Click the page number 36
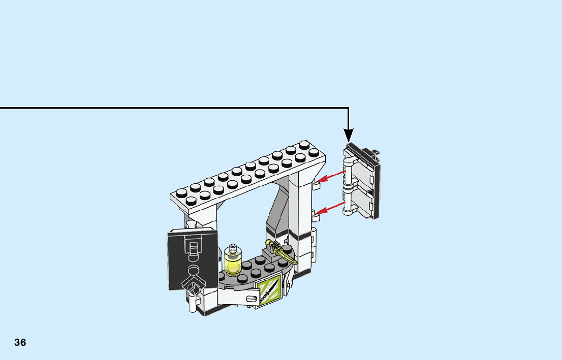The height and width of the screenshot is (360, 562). [20, 342]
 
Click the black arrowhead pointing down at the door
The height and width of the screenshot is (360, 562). [349, 135]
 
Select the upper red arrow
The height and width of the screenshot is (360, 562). [331, 177]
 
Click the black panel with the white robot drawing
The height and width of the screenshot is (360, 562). [193, 259]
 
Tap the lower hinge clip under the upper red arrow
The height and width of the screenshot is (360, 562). [315, 217]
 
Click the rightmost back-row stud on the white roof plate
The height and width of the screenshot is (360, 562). [304, 145]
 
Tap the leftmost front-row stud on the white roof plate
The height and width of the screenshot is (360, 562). [191, 202]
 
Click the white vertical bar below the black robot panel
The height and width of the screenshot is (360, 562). [193, 303]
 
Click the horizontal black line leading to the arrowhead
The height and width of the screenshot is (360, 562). [173, 108]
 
